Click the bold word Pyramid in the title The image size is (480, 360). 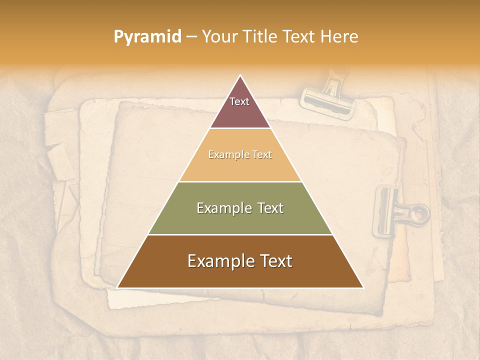tap(147, 37)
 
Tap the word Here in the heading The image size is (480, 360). tap(339, 37)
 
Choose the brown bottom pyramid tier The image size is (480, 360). tap(240, 275)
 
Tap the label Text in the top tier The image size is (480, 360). tap(239, 101)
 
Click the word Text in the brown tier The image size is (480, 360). tap(275, 261)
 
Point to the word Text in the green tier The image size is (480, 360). tap(270, 208)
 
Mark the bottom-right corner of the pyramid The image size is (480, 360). tap(362, 287)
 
